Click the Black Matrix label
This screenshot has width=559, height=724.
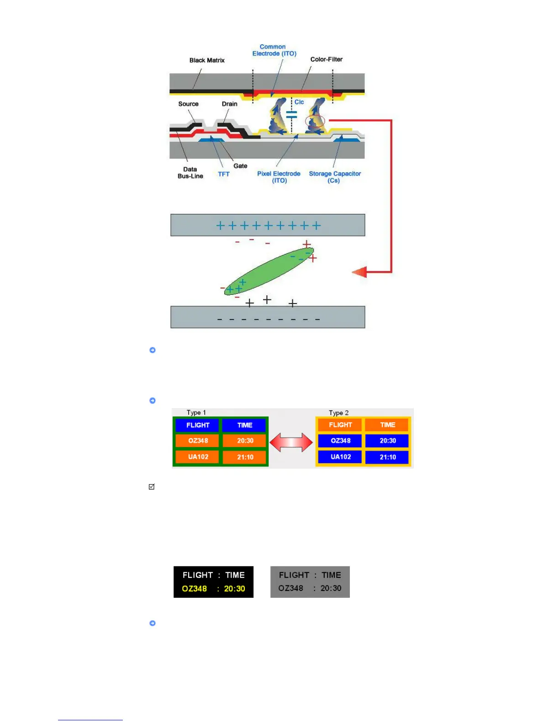207,60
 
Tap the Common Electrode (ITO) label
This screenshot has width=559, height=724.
274,50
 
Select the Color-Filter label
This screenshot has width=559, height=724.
326,59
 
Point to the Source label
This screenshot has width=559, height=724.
188,104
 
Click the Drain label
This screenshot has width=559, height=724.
229,104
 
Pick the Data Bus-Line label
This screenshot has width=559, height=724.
190,173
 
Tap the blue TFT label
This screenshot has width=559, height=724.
223,174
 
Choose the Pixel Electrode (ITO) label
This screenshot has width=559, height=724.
279,177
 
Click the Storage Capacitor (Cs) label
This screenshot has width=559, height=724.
335,177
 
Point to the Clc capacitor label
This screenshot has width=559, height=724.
299,102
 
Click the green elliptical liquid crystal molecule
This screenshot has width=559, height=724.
269,271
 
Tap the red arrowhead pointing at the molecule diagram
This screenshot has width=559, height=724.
360,272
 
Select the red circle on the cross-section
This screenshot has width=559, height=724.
315,122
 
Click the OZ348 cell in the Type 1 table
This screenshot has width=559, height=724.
198,441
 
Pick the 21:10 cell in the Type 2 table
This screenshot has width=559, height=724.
387,457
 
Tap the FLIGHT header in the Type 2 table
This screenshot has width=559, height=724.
340,425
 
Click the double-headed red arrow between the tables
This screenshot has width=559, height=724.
291,442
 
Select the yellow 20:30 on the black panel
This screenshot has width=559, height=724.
234,589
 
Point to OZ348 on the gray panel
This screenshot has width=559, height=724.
290,588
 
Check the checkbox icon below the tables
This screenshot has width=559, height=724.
152,487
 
